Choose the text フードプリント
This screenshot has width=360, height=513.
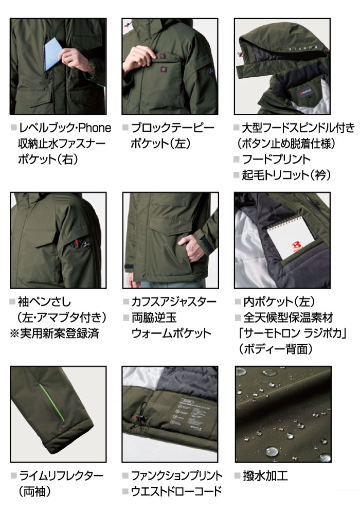click(276, 159)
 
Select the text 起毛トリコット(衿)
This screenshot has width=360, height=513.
click(286, 175)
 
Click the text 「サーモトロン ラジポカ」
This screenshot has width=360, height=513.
click(292, 333)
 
